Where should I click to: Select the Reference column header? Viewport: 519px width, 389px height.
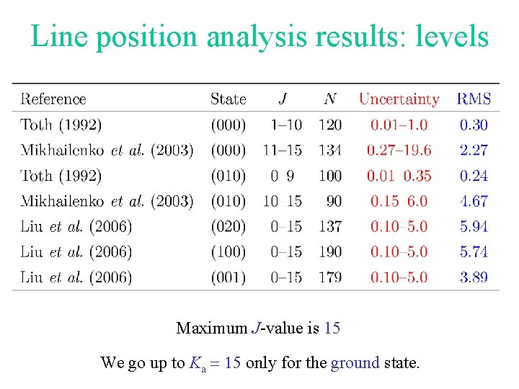pyautogui.click(x=53, y=99)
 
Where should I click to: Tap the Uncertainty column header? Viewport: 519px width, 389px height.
pyautogui.click(x=399, y=99)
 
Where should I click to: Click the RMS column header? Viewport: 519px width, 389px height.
pyautogui.click(x=474, y=99)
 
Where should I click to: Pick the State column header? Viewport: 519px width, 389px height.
pyautogui.click(x=228, y=99)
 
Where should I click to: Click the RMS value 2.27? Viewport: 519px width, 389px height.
pyautogui.click(x=474, y=150)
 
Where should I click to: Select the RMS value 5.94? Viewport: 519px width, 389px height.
pyautogui.click(x=474, y=226)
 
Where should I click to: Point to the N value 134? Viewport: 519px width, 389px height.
pyautogui.click(x=329, y=150)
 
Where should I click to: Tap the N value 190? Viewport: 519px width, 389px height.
pyautogui.click(x=329, y=251)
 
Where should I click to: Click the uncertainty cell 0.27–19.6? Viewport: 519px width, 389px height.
pyautogui.click(x=399, y=150)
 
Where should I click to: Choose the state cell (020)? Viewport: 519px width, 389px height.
pyautogui.click(x=228, y=226)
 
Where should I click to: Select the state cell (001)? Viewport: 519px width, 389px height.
pyautogui.click(x=228, y=277)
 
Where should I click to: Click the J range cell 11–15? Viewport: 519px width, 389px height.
pyautogui.click(x=284, y=150)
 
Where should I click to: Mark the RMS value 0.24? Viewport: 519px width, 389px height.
pyautogui.click(x=474, y=175)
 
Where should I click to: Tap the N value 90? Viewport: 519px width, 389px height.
pyautogui.click(x=329, y=201)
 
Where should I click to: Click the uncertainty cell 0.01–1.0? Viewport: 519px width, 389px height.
pyautogui.click(x=399, y=125)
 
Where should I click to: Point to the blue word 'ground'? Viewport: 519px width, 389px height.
pyautogui.click(x=355, y=363)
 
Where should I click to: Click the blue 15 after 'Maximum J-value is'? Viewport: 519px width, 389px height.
pyautogui.click(x=332, y=328)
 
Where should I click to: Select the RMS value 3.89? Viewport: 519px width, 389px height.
pyautogui.click(x=474, y=277)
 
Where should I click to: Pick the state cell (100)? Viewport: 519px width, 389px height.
pyautogui.click(x=228, y=251)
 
